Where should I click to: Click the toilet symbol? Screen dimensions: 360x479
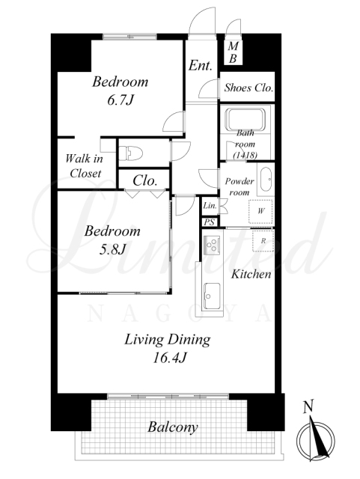coord(131,153)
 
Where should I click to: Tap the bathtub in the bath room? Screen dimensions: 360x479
coord(245,120)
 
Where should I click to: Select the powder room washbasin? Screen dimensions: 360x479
coord(266,179)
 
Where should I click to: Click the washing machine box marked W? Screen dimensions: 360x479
coord(260,211)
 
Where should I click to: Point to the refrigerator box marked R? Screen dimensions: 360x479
coord(263,241)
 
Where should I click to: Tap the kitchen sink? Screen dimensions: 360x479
coord(212,296)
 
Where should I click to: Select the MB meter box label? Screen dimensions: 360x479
coord(233,52)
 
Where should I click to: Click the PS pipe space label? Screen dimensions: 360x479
coord(210,222)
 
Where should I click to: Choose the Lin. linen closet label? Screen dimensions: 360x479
coord(210,206)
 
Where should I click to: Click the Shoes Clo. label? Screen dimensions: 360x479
coord(248,88)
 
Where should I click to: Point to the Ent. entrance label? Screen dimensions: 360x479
coord(200,65)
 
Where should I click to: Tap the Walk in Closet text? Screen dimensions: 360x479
coord(85,166)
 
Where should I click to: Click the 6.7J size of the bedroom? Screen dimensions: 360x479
coord(120,100)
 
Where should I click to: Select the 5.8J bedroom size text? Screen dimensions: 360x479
coord(112,249)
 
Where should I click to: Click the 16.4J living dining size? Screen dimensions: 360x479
coord(169,358)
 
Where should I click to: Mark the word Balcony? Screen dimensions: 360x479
coord(173,427)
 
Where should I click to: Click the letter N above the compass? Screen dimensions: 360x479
coord(308,406)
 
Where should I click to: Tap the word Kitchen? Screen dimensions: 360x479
coord(251,274)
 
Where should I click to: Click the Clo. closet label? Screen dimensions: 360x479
coord(145,181)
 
